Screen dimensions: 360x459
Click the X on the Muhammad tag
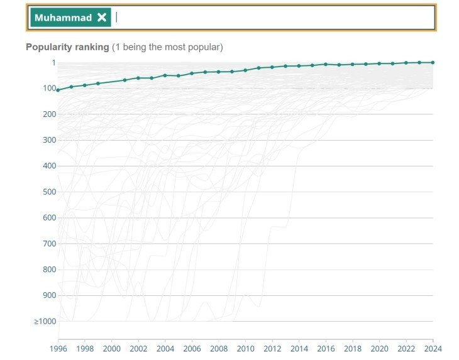(x=102, y=18)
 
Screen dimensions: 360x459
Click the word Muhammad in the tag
(x=63, y=18)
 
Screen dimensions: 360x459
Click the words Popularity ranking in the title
(x=67, y=47)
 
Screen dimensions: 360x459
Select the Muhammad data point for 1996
(x=58, y=90)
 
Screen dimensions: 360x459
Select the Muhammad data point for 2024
(x=433, y=62)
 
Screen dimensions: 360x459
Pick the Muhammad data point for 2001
(x=124, y=80)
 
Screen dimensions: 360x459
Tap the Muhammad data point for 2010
(x=245, y=70)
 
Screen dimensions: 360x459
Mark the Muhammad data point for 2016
(x=326, y=64)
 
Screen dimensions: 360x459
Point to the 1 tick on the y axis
(x=53, y=63)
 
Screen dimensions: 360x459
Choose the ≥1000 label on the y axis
(x=45, y=322)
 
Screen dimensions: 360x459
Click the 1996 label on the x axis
(x=58, y=347)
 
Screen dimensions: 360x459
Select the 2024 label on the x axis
(x=433, y=347)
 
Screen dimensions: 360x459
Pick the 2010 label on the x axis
(x=245, y=347)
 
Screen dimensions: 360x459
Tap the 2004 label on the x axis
(x=165, y=347)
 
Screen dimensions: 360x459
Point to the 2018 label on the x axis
(x=352, y=347)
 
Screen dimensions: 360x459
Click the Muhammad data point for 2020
(x=379, y=63)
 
